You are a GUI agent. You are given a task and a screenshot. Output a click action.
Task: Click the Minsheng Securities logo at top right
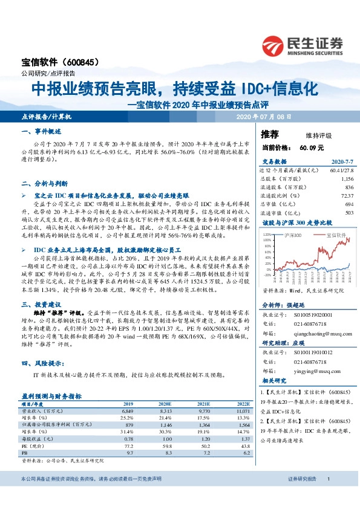click(x=303, y=45)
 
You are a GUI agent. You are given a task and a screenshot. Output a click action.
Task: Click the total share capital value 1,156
click(x=345, y=180)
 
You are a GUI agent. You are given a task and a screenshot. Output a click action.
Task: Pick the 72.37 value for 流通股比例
click(x=345, y=195)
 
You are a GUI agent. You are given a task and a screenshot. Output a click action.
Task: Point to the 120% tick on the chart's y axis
click(x=267, y=232)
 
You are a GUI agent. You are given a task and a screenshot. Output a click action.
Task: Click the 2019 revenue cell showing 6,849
click(x=128, y=410)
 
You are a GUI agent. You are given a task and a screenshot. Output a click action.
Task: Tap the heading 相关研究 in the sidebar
click(x=273, y=381)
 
